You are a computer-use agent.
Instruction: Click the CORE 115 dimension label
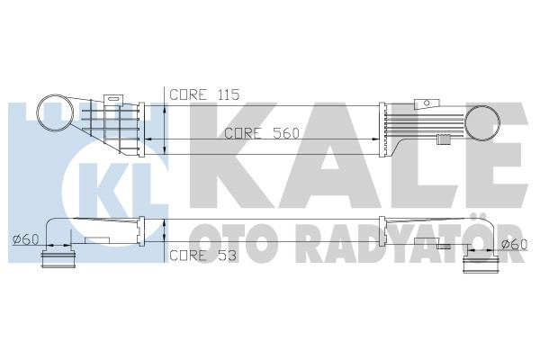[x=204, y=94]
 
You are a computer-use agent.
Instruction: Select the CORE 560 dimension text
[x=262, y=133]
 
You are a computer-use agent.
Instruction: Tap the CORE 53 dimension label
[x=203, y=256]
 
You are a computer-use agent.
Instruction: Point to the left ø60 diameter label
[x=25, y=239]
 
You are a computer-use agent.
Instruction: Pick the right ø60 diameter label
[x=515, y=244]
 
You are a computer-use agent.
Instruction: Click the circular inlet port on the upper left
[x=55, y=112]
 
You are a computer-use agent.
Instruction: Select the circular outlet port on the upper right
[x=482, y=123]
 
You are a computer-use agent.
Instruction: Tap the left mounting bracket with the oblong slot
[x=113, y=98]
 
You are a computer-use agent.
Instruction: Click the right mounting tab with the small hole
[x=427, y=103]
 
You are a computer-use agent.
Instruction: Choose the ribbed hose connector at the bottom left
[x=58, y=259]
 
